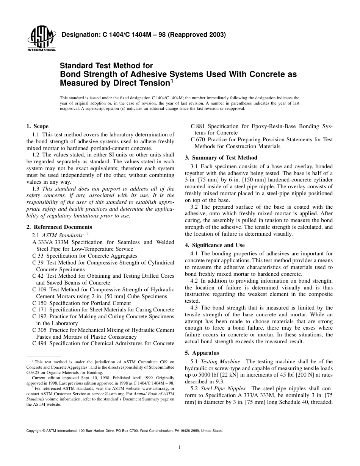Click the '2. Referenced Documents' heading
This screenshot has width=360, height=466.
click(59, 227)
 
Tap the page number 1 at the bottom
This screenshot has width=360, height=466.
click(180, 447)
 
